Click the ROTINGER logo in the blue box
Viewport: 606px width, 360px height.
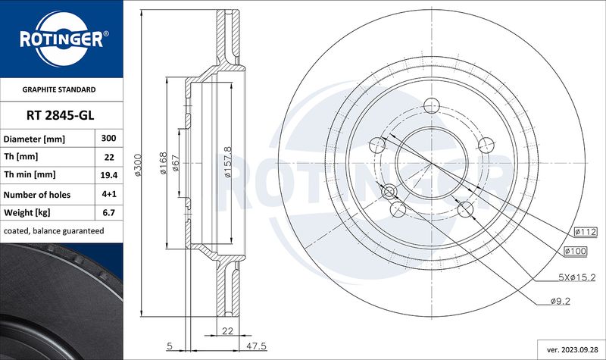click(x=61, y=39)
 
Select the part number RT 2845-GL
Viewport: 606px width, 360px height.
click(x=61, y=115)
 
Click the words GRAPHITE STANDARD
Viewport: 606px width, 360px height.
click(x=59, y=89)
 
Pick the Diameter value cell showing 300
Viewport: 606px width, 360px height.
click(x=108, y=138)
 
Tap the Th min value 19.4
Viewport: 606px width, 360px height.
click(x=108, y=175)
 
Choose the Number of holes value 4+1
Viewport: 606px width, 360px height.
click(x=109, y=194)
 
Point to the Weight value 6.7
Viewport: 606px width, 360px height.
click(x=109, y=212)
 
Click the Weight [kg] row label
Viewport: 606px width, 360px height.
click(x=27, y=212)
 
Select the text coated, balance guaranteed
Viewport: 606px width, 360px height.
click(x=54, y=231)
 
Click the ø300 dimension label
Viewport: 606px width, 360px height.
click(x=138, y=165)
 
